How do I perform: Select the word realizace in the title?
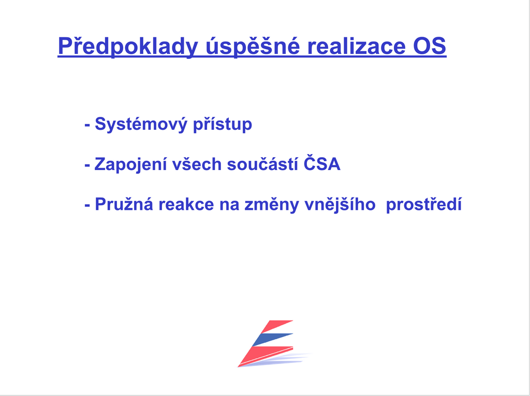356,45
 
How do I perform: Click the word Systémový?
141,124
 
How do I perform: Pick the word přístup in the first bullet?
223,124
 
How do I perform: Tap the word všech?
197,164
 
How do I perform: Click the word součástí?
262,164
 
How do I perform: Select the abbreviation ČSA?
322,163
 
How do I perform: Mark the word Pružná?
124,204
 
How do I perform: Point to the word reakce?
186,205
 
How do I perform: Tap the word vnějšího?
340,205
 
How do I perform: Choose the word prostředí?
424,205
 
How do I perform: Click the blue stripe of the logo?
272,340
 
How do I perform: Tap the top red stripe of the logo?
276,326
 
